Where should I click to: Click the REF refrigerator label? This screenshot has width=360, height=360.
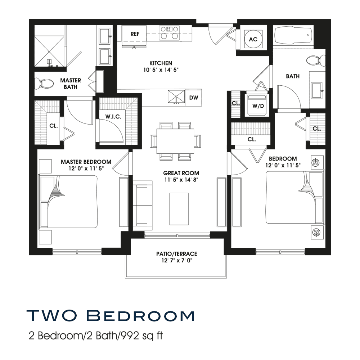pos(135,34)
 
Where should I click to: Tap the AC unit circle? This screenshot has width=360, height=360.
pos(253,39)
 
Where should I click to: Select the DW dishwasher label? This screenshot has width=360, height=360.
pos(194,98)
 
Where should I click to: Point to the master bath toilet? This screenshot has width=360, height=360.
pos(44,84)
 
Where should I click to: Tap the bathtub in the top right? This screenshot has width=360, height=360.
pos(293,35)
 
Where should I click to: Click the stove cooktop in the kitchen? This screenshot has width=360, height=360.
pos(170,33)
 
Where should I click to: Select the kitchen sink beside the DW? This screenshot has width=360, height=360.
pos(176,97)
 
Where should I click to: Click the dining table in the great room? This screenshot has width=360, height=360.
pos(175,141)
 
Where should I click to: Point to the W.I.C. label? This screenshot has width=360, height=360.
pos(113,117)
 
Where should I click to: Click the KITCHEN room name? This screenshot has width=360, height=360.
pos(161,63)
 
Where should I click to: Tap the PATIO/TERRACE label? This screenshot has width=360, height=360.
pos(176,254)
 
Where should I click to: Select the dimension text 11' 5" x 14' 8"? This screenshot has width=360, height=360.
pos(181,180)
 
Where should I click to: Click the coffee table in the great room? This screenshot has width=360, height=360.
pos(179,209)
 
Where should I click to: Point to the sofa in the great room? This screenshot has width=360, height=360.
pos(143,206)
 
